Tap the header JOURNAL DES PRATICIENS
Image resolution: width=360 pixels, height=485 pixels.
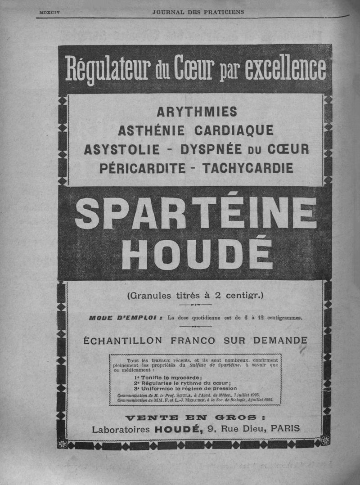coord(198,12)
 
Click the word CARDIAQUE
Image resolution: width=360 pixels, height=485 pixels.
coord(234,130)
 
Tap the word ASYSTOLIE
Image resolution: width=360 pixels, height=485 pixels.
coord(122,149)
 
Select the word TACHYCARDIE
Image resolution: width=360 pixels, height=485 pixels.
coord(247,169)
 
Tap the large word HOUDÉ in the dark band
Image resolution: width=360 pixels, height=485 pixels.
coord(197,254)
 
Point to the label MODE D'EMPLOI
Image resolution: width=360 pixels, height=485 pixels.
coord(124,318)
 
